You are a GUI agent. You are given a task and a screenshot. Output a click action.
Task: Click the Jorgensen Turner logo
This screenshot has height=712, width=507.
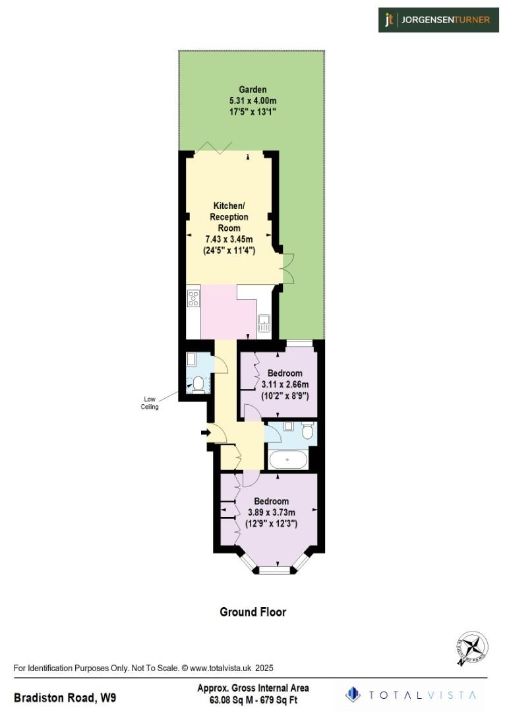[x=438, y=20]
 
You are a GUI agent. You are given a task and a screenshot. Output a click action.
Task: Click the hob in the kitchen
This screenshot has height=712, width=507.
[x=194, y=298]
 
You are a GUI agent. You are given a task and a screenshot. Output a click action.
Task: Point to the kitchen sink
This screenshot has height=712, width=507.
[x=264, y=323]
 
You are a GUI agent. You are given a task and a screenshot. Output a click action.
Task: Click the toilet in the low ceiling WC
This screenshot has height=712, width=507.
[x=196, y=383]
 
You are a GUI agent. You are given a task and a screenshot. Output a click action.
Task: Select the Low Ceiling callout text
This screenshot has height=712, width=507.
[x=150, y=402]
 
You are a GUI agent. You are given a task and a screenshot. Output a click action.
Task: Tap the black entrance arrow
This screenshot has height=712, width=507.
[x=205, y=432]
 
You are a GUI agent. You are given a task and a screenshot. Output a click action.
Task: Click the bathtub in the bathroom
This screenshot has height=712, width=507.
[x=287, y=460]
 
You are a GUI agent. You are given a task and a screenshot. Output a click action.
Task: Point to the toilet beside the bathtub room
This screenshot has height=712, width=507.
[x=307, y=430]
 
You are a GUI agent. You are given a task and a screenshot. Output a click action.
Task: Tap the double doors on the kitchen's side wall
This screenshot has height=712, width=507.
[x=287, y=268]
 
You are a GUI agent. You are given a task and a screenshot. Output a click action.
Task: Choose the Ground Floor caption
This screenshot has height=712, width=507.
[x=253, y=612]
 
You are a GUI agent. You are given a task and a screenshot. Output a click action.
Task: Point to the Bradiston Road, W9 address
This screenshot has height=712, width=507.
[x=66, y=697]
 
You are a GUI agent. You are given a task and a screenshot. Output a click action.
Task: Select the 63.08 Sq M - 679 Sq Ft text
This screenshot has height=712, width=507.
[x=253, y=699]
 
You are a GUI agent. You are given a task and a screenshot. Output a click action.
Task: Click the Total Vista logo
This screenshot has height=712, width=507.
[x=411, y=694]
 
